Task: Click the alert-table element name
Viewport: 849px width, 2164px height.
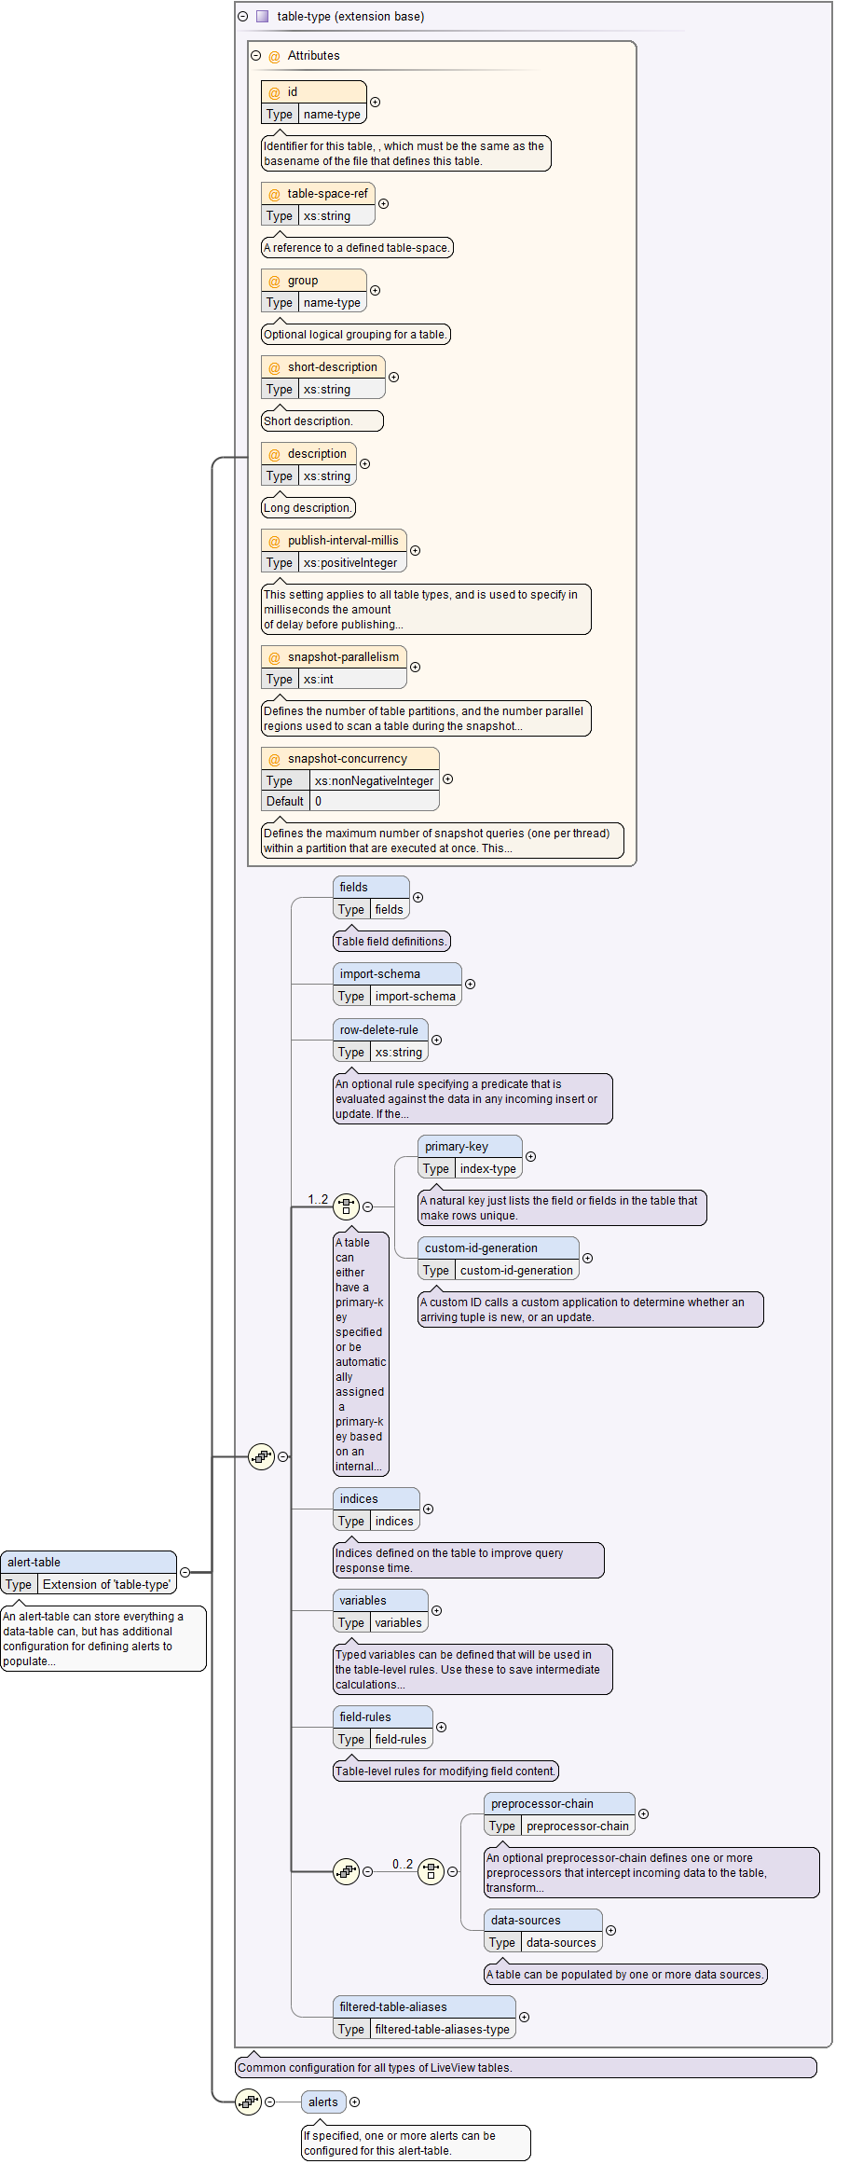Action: tap(34, 1562)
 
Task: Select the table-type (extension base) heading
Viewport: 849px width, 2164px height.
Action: tap(350, 17)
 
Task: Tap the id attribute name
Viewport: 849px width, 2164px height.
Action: tap(293, 92)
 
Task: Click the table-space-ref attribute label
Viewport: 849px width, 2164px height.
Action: tap(327, 194)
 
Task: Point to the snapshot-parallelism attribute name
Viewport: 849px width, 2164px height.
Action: tap(343, 657)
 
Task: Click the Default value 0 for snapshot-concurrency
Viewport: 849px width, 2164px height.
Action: tap(318, 801)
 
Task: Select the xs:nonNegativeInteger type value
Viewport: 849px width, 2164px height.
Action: tap(374, 781)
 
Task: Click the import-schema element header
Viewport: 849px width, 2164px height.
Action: tap(380, 974)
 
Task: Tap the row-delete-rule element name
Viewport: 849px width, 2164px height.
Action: tap(378, 1030)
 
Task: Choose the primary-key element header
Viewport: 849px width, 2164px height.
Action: tap(457, 1147)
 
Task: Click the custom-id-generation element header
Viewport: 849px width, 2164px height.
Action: tap(481, 1248)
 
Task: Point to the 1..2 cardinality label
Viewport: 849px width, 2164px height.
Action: tap(318, 1199)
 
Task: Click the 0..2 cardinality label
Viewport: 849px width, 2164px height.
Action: tap(403, 1864)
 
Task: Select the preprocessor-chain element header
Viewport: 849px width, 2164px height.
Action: tap(542, 1804)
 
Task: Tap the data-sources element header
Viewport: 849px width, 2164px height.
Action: tap(526, 1921)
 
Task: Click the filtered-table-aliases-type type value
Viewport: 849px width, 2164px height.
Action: tap(442, 2030)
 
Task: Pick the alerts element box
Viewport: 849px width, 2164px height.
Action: tap(323, 2102)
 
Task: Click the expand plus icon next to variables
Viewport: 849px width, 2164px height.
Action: tap(437, 1610)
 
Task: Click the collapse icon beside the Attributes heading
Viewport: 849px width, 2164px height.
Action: tap(256, 56)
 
